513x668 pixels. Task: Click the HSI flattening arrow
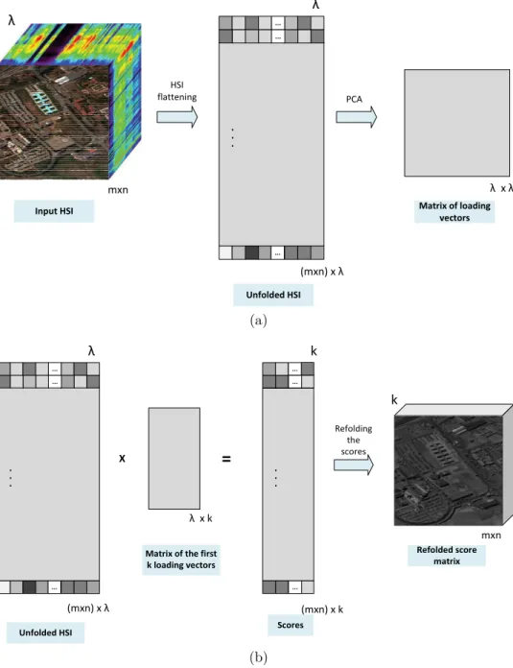click(177, 117)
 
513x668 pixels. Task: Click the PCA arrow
click(357, 117)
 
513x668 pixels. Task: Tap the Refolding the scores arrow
click(354, 465)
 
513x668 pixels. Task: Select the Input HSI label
click(54, 211)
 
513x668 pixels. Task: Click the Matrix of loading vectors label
click(455, 211)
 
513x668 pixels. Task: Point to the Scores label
click(291, 625)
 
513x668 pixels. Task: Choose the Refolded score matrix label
click(447, 555)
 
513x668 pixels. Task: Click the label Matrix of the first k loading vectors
click(181, 560)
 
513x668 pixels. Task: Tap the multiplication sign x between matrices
click(122, 459)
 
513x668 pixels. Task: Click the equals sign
click(226, 459)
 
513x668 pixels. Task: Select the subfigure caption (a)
click(258, 321)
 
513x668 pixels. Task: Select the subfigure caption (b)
click(258, 657)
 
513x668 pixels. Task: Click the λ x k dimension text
click(201, 518)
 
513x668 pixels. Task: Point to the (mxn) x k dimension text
click(322, 609)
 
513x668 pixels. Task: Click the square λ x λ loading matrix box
click(456, 123)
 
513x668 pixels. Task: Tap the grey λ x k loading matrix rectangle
click(175, 459)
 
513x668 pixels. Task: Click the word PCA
click(354, 99)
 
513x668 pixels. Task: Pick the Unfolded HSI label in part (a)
click(273, 295)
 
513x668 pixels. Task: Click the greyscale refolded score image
click(449, 470)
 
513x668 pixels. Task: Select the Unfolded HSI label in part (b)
click(46, 632)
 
